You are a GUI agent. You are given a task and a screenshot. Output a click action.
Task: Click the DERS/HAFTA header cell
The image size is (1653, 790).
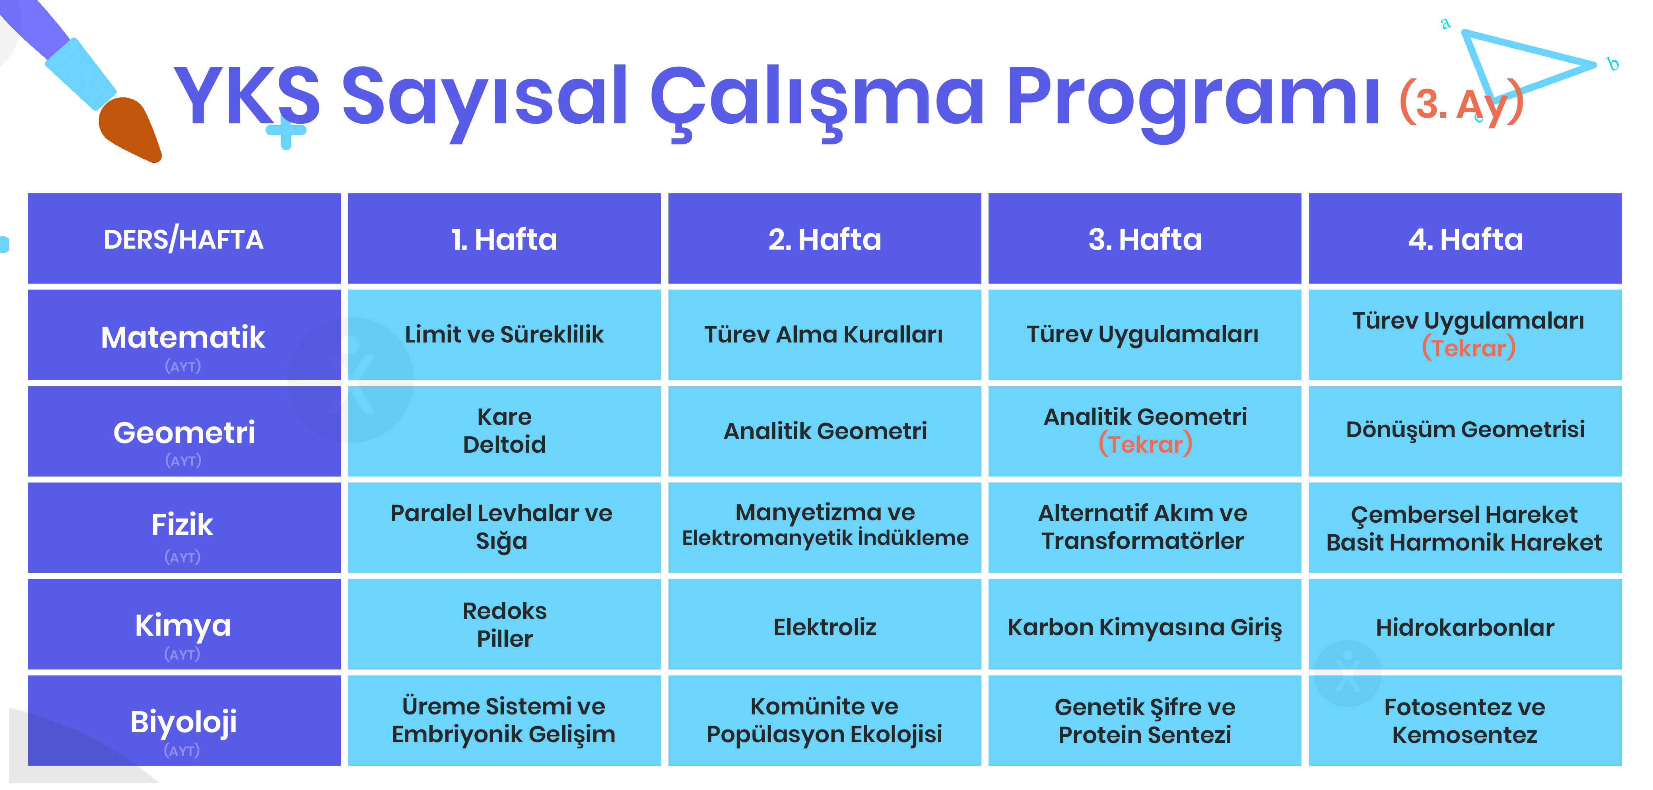[x=184, y=239]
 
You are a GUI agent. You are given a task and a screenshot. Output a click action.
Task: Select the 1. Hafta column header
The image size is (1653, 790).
[x=504, y=239]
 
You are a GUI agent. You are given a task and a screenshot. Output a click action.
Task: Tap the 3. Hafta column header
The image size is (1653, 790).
[x=1145, y=239]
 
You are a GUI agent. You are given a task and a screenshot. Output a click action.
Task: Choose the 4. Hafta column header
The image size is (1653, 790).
[x=1465, y=239]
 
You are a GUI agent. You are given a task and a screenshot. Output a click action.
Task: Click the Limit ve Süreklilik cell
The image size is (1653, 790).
[x=504, y=335]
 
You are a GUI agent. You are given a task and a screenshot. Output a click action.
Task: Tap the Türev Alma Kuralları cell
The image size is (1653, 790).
[x=825, y=335]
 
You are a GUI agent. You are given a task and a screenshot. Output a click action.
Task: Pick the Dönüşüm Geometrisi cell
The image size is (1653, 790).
[x=1465, y=431]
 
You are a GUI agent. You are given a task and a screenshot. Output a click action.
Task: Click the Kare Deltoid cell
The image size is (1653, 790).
[x=504, y=431]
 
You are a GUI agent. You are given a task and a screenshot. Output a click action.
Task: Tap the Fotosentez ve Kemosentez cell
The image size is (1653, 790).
[x=1465, y=720]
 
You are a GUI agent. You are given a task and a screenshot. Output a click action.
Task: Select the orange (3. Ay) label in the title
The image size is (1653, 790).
[x=1461, y=103]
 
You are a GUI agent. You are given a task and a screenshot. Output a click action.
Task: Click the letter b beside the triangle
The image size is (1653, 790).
[x=1612, y=64]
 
